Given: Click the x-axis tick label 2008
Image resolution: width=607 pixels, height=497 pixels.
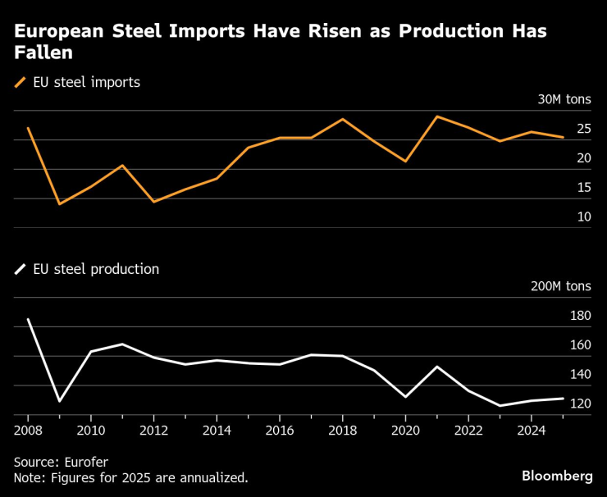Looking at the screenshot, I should coord(28,429).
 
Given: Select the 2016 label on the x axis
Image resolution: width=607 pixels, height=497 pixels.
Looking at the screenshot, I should coord(280,429).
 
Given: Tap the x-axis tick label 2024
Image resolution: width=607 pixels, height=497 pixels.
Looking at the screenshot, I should coord(532,429).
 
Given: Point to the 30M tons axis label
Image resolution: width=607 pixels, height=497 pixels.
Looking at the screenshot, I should coord(564,100).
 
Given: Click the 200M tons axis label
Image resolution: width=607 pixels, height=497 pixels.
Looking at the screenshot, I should coord(561,286).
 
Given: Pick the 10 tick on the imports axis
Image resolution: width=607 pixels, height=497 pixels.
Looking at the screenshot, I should coord(584,217).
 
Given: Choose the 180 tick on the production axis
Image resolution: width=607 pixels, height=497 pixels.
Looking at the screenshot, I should coord(580,316).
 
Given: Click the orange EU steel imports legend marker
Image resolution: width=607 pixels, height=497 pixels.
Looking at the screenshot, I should coord(21,82).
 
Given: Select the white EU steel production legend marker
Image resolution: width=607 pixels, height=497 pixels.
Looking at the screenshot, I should coord(21,269).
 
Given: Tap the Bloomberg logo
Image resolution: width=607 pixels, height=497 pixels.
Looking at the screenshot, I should coord(557,476).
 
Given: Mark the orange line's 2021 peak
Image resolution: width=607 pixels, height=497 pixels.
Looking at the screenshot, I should coord(436,116).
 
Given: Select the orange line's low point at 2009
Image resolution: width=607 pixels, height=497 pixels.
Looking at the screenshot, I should coord(59,203).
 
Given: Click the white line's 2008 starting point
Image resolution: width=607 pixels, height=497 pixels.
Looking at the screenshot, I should coord(28,319).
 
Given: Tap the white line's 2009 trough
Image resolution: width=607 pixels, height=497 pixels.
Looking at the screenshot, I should coord(59,401).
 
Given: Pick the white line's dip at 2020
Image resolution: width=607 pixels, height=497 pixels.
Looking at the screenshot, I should coord(405,397).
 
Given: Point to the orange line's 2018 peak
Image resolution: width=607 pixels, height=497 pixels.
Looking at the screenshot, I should coord(342,119).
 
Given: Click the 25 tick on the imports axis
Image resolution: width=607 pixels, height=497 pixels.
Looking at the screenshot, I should coord(584,129).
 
